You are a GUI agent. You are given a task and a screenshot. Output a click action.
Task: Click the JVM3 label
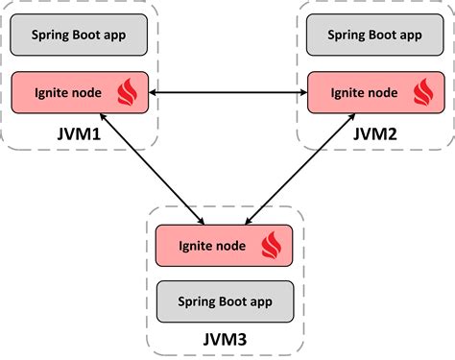(x=227, y=338)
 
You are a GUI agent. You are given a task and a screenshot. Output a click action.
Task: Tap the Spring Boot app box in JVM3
(x=226, y=300)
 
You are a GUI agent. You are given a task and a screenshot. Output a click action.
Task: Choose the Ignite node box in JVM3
(x=226, y=245)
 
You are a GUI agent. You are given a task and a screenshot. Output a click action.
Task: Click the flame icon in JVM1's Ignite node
(x=127, y=92)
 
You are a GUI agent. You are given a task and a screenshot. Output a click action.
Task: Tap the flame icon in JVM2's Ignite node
(x=422, y=92)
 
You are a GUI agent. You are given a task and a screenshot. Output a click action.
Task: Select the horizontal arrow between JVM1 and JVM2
(x=227, y=92)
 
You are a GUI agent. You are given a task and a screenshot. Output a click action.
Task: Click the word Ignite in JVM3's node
(x=196, y=246)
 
